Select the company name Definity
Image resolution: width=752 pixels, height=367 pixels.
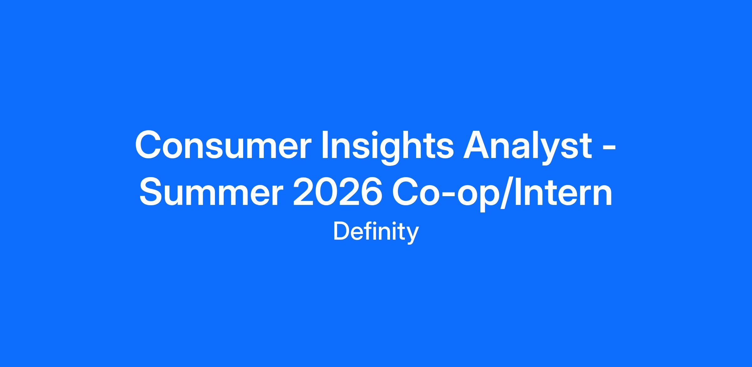376,232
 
